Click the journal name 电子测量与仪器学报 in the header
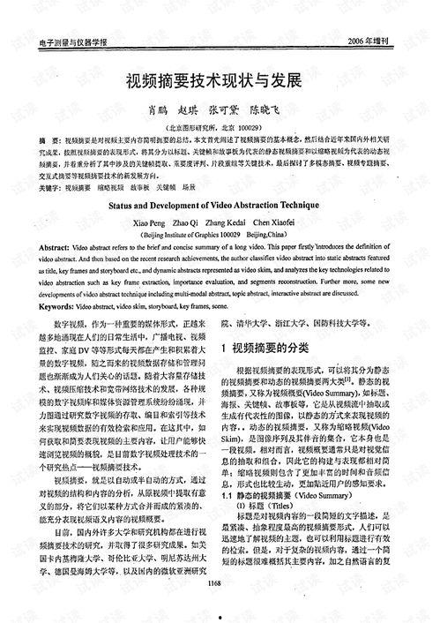click(x=67, y=41)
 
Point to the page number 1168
click(x=212, y=608)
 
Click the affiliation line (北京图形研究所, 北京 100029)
click(x=220, y=127)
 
